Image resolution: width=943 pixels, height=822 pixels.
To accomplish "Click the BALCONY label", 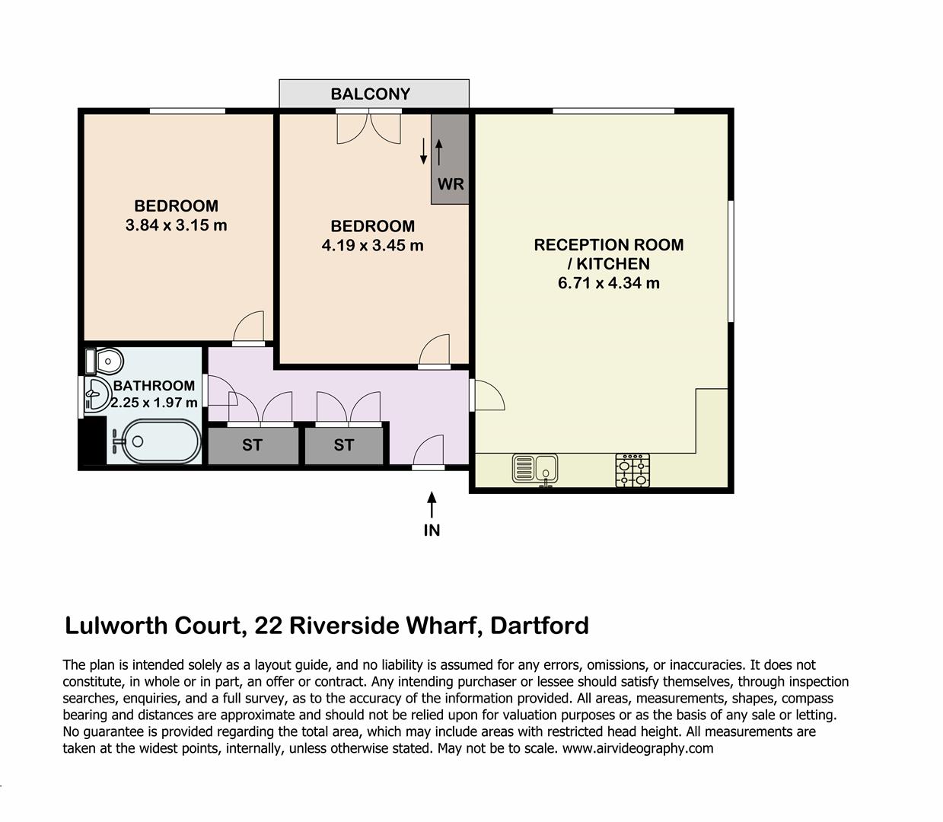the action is (x=370, y=94).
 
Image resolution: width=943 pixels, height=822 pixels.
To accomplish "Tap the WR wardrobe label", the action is (x=451, y=184).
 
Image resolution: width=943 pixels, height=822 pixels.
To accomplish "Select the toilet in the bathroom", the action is (x=104, y=361).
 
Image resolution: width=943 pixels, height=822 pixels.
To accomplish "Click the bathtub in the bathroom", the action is (x=156, y=441).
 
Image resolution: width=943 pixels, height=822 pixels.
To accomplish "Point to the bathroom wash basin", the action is (x=97, y=394).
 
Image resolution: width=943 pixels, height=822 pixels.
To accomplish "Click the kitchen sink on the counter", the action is (x=534, y=469).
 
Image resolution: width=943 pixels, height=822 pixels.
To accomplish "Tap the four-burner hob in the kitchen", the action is (x=632, y=470).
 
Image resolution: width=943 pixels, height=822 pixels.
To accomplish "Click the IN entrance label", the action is (x=432, y=530).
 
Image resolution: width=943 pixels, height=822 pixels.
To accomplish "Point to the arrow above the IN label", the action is (x=432, y=505).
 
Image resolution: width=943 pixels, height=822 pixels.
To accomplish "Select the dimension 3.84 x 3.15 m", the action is (x=176, y=225).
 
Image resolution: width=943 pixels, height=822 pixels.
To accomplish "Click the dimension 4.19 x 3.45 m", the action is (x=372, y=246).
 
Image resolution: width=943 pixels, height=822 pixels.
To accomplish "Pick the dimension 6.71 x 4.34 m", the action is (x=608, y=283).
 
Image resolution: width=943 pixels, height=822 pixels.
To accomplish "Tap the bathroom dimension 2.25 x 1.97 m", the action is (x=155, y=402).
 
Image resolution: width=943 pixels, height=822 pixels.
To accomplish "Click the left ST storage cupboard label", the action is (x=252, y=445).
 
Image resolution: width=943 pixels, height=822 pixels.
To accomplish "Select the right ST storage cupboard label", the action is (x=344, y=445).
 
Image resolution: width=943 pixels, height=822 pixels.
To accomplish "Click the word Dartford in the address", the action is (x=540, y=626).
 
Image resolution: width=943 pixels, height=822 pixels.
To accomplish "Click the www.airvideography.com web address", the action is (x=638, y=749).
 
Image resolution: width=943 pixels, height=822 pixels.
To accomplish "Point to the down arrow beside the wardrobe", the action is (x=423, y=151).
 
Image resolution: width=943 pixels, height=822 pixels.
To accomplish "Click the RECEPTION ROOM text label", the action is (x=608, y=244).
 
